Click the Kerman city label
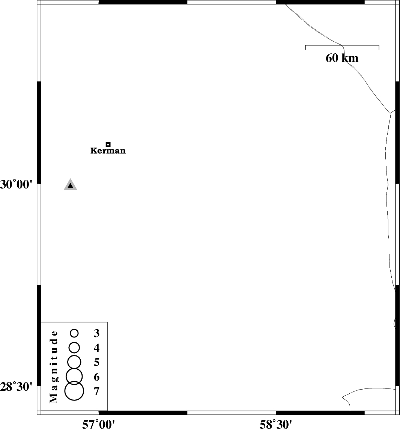pyautogui.click(x=108, y=151)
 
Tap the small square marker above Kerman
pyautogui.click(x=108, y=144)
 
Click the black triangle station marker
pyautogui.click(x=70, y=185)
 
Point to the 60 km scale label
pyautogui.click(x=342, y=58)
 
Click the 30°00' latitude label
pyautogui.click(x=16, y=185)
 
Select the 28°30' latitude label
pyautogui.click(x=16, y=387)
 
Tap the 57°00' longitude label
pyautogui.click(x=98, y=424)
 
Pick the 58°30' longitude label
pyautogui.click(x=276, y=424)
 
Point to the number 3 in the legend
pyautogui.click(x=96, y=333)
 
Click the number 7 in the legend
pyautogui.click(x=96, y=391)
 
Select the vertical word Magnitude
pyautogui.click(x=54, y=367)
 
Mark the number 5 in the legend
pyautogui.click(x=96, y=362)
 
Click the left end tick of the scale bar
pyautogui.click(x=305, y=47)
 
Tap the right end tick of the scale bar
pyautogui.click(x=379, y=47)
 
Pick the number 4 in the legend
pyautogui.click(x=96, y=348)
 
